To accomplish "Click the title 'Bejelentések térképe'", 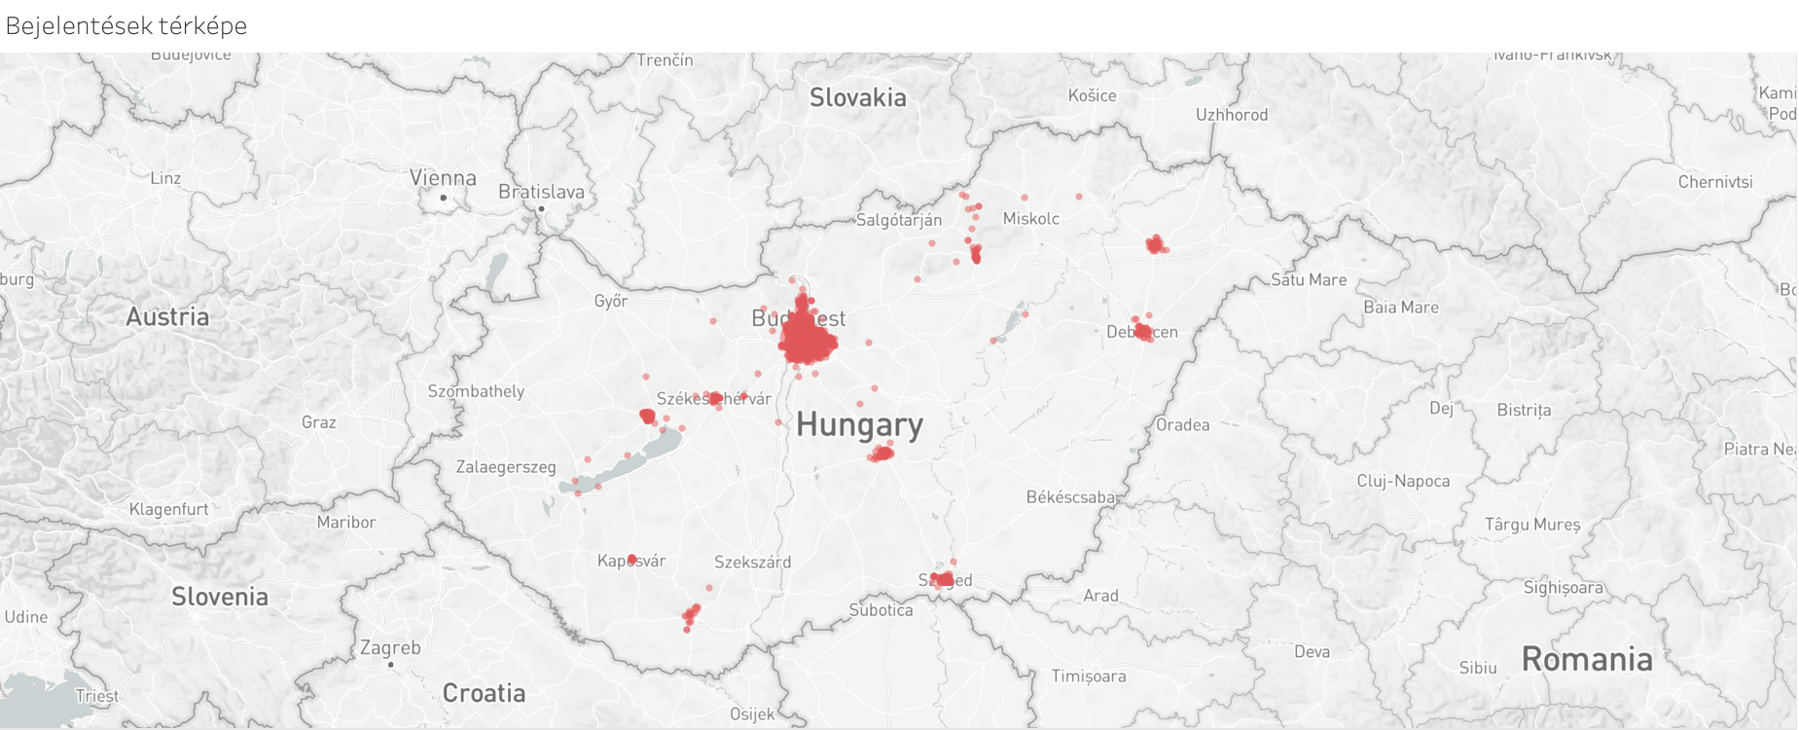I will pos(126,25).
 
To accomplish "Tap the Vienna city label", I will pos(443,178).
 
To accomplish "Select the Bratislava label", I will pos(541,192).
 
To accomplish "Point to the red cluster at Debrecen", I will pos(1143,332).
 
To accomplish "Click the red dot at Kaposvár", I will pos(631,560).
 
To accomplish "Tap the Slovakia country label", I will pos(857,97).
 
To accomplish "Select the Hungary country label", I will pos(859,424).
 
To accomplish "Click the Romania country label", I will pos(1586,659).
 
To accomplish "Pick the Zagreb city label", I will pos(390,647).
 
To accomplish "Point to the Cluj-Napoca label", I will pos(1402,481).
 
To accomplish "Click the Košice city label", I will pos(1092,95).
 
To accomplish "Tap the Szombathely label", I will pos(476,391).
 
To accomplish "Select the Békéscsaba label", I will pos(1071,497).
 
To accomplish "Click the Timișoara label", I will pos(1088,675).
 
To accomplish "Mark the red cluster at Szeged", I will pos(942,579).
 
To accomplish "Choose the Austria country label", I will pos(167,316).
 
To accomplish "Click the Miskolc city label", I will pos(1030,218).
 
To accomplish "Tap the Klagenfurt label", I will pos(169,509).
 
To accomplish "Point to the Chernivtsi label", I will pos(1714,182).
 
